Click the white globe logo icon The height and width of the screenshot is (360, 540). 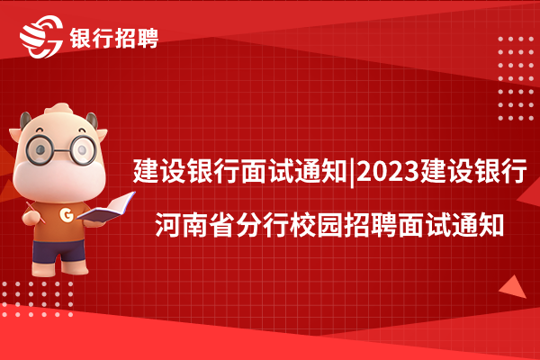pos(41,36)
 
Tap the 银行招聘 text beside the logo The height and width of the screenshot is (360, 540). pos(114,38)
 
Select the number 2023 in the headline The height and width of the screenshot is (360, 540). pos(388,171)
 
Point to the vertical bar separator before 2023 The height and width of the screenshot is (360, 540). pos(352,172)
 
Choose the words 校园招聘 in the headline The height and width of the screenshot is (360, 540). pos(343,225)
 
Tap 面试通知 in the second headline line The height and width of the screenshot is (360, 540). pos(451,225)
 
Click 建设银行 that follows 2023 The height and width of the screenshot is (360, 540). pos(473,171)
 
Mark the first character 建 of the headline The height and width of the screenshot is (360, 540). pos(146,171)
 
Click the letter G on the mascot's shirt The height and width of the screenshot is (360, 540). pos(67,214)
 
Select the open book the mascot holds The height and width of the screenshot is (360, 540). pos(106,207)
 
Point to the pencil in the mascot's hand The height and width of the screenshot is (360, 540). pos(35,212)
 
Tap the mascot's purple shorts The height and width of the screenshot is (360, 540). pos(58,251)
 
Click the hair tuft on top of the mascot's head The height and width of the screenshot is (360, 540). pos(59,109)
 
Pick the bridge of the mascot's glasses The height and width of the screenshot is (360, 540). pos(62,150)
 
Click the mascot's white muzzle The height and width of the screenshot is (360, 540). pos(59,180)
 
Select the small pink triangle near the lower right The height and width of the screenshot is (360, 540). pos(514,287)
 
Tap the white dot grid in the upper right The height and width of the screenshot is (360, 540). pos(516,78)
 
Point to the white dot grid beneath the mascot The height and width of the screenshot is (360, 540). pos(37,299)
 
